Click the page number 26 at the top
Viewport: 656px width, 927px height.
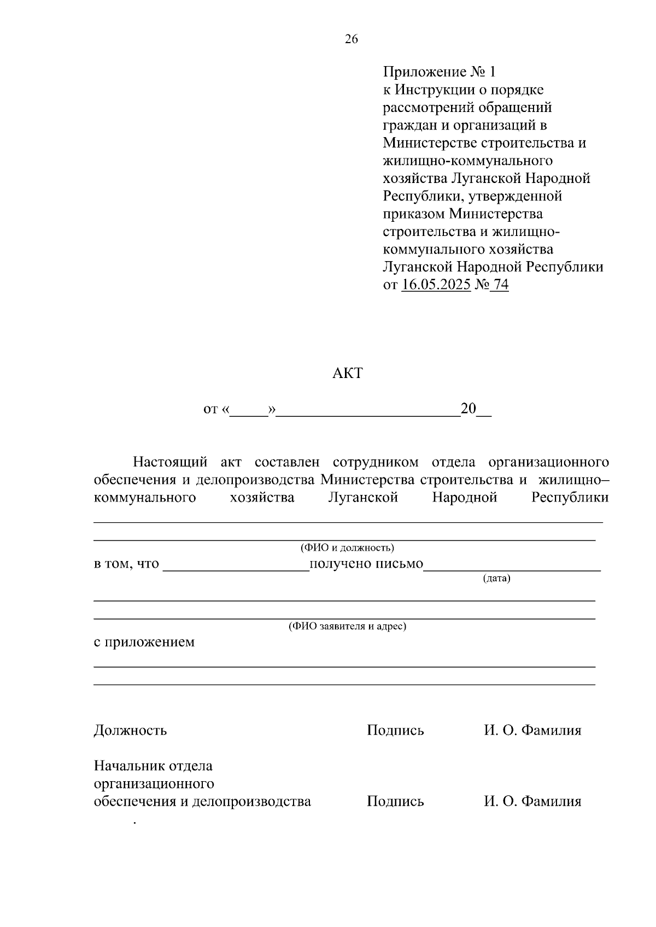pos(351,39)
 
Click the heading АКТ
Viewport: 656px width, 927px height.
pos(348,374)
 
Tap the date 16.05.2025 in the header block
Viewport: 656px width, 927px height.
pos(436,285)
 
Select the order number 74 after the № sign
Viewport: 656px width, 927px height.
pos(500,285)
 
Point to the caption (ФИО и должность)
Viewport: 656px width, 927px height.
pos(347,547)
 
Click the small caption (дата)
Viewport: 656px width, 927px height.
pos(496,578)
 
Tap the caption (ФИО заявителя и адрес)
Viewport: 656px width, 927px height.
pos(347,626)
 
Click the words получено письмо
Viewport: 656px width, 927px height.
pos(366,564)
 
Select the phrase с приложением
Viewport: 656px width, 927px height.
pos(144,642)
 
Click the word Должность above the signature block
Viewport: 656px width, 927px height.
pos(130,730)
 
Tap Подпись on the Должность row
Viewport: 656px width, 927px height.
pos(395,730)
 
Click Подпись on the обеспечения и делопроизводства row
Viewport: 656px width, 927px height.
pos(395,801)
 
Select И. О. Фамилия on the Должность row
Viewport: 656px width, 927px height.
pos(532,730)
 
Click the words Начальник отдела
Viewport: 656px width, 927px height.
pos(153,766)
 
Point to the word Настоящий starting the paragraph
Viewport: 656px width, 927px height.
pos(171,462)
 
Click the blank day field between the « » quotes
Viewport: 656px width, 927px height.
pos(249,411)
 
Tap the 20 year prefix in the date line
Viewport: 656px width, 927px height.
pos(468,409)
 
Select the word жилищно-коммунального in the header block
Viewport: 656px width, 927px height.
pos(467,161)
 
